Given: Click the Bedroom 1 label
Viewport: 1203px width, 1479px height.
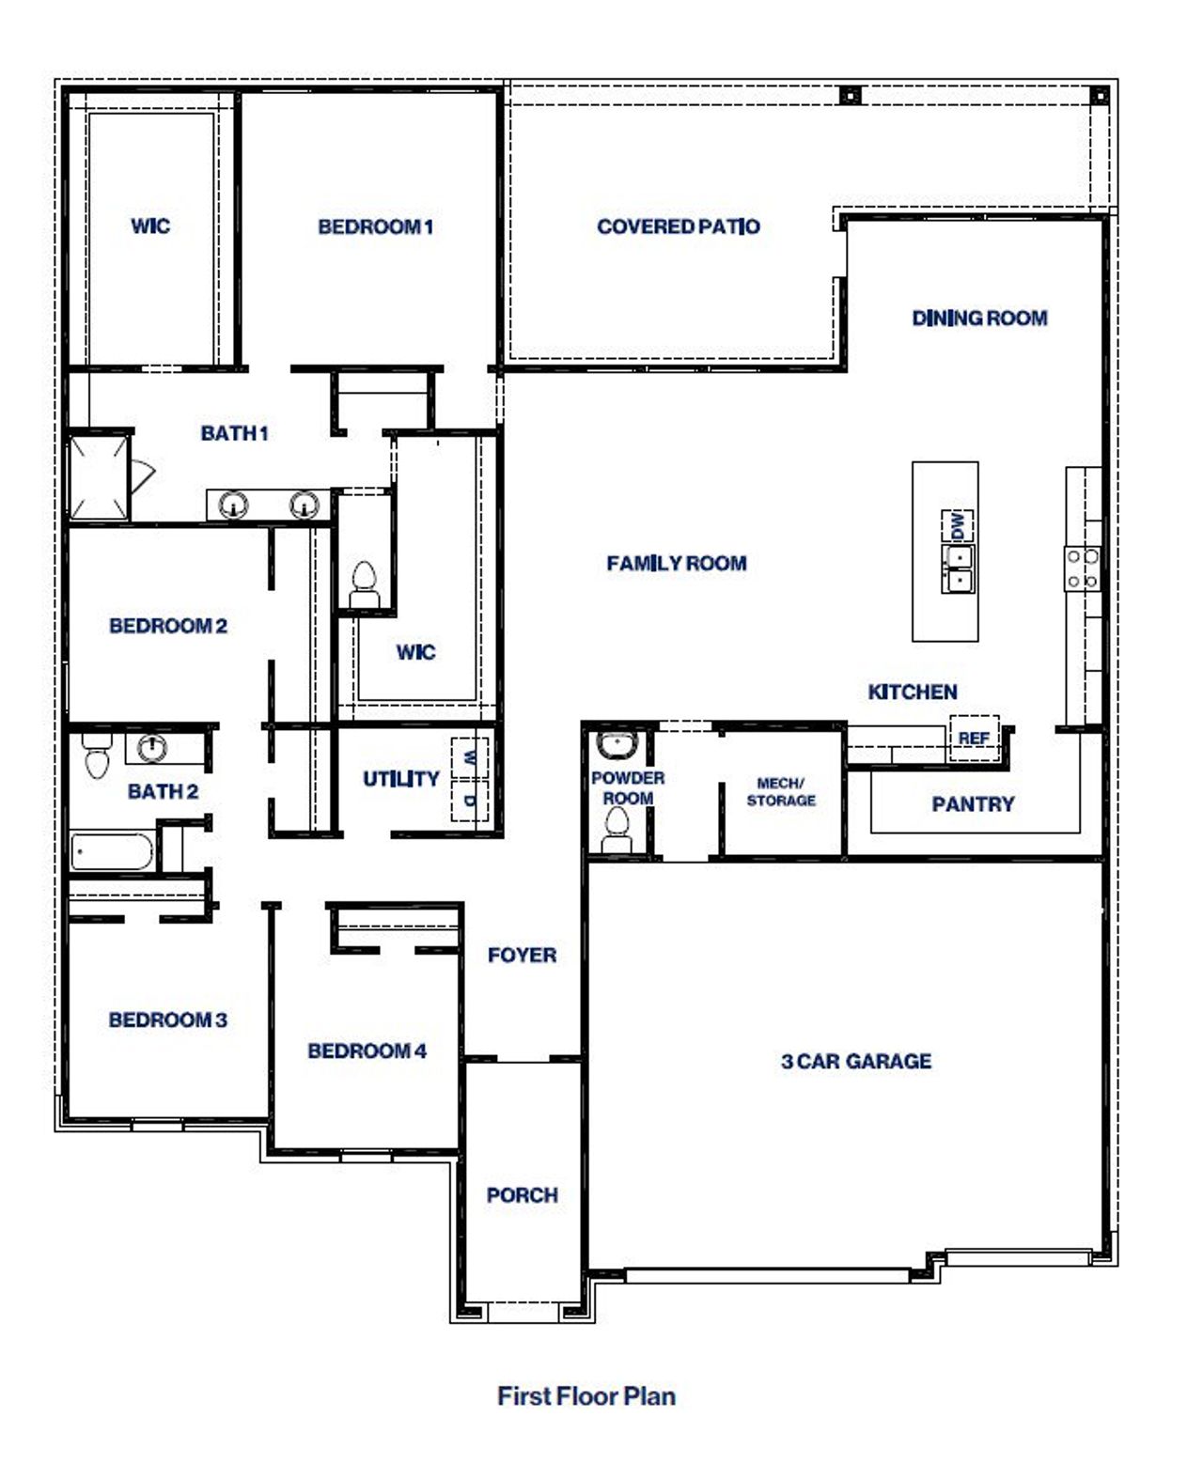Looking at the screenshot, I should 375,226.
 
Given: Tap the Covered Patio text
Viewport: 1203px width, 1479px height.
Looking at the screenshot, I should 678,226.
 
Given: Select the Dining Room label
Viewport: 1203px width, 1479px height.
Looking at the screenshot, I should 979,319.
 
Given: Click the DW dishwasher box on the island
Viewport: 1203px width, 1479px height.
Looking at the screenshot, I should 958,526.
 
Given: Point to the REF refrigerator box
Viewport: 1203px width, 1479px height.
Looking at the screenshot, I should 973,737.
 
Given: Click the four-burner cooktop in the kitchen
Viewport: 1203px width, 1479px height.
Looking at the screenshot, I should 1082,569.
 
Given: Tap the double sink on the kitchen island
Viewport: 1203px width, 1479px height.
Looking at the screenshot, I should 959,569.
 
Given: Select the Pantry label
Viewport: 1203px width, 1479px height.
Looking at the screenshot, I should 973,804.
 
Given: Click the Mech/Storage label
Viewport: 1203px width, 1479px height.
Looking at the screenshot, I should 781,791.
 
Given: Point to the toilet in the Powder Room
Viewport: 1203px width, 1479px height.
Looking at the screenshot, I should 617,829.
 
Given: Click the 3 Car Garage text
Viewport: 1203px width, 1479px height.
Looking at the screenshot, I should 855,1062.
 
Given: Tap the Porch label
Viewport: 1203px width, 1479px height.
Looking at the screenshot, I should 522,1195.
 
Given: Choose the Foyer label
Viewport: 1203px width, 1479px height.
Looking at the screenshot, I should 522,956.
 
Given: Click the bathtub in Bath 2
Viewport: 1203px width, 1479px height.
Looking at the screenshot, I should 112,851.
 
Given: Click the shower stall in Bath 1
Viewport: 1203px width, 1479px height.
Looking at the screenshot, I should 98,476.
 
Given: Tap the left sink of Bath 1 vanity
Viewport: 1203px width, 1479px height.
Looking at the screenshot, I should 232,506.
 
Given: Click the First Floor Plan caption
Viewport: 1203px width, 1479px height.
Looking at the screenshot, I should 586,1396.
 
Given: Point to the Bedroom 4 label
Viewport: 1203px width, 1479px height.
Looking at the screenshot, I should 367,1051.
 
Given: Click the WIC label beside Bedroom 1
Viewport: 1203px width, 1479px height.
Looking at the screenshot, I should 150,226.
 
